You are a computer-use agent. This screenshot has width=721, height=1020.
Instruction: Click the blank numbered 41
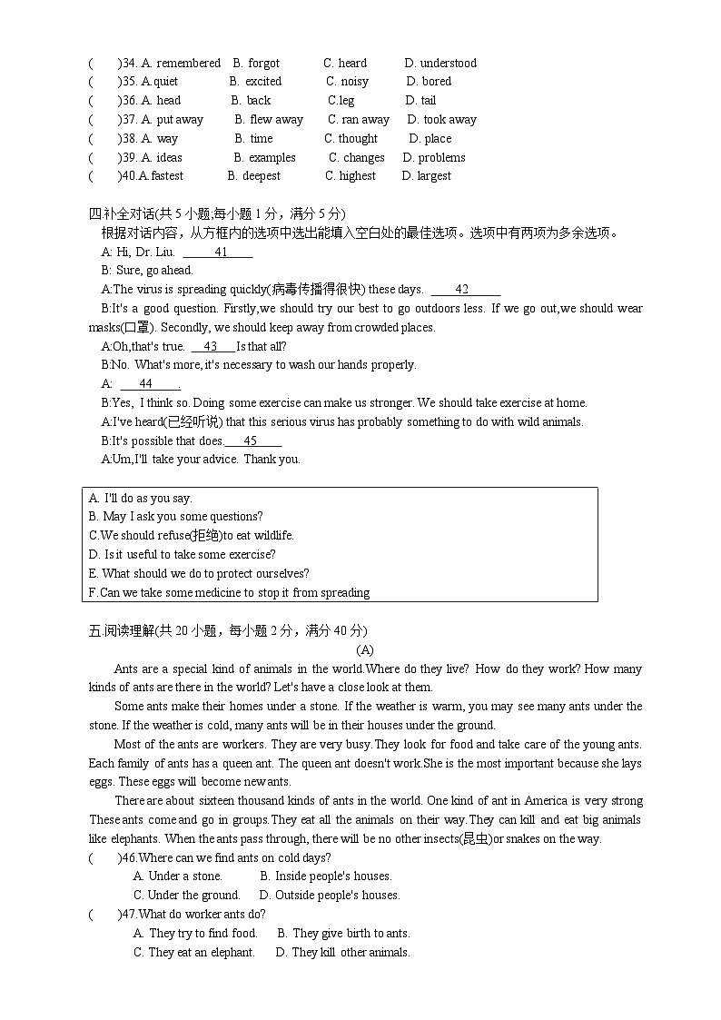coord(218,252)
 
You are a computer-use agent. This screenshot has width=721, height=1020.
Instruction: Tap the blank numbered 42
coord(465,290)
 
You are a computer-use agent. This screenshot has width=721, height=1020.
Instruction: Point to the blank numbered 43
coord(212,346)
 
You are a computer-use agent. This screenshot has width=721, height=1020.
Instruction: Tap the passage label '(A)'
coord(364,649)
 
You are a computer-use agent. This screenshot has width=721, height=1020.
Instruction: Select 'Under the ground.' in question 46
coord(186,895)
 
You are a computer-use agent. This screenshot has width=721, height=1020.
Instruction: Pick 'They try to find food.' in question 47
coord(195,933)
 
